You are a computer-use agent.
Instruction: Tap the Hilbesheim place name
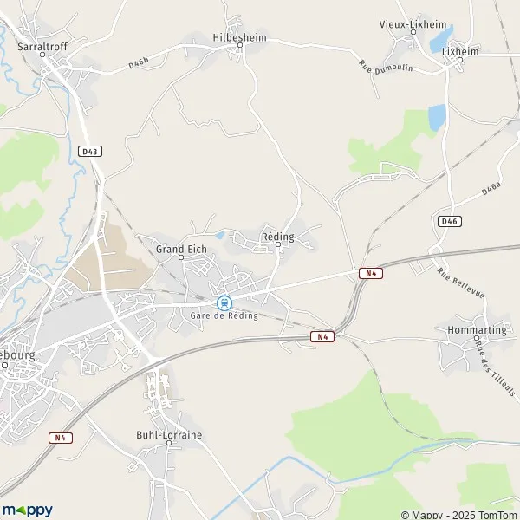coord(239,38)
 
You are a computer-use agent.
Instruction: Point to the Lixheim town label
coord(459,51)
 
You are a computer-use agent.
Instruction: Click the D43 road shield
coord(89,151)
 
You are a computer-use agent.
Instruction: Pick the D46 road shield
coord(449,221)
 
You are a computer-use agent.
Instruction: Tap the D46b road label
coord(140,62)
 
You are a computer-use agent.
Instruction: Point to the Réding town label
coord(277,236)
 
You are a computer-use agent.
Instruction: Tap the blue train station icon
coord(224,302)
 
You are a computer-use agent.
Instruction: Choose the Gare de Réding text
coord(224,316)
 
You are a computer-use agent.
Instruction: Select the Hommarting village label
coord(471,330)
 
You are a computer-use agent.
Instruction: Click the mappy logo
coord(28,510)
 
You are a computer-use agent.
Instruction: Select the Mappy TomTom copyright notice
coord(458,512)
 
